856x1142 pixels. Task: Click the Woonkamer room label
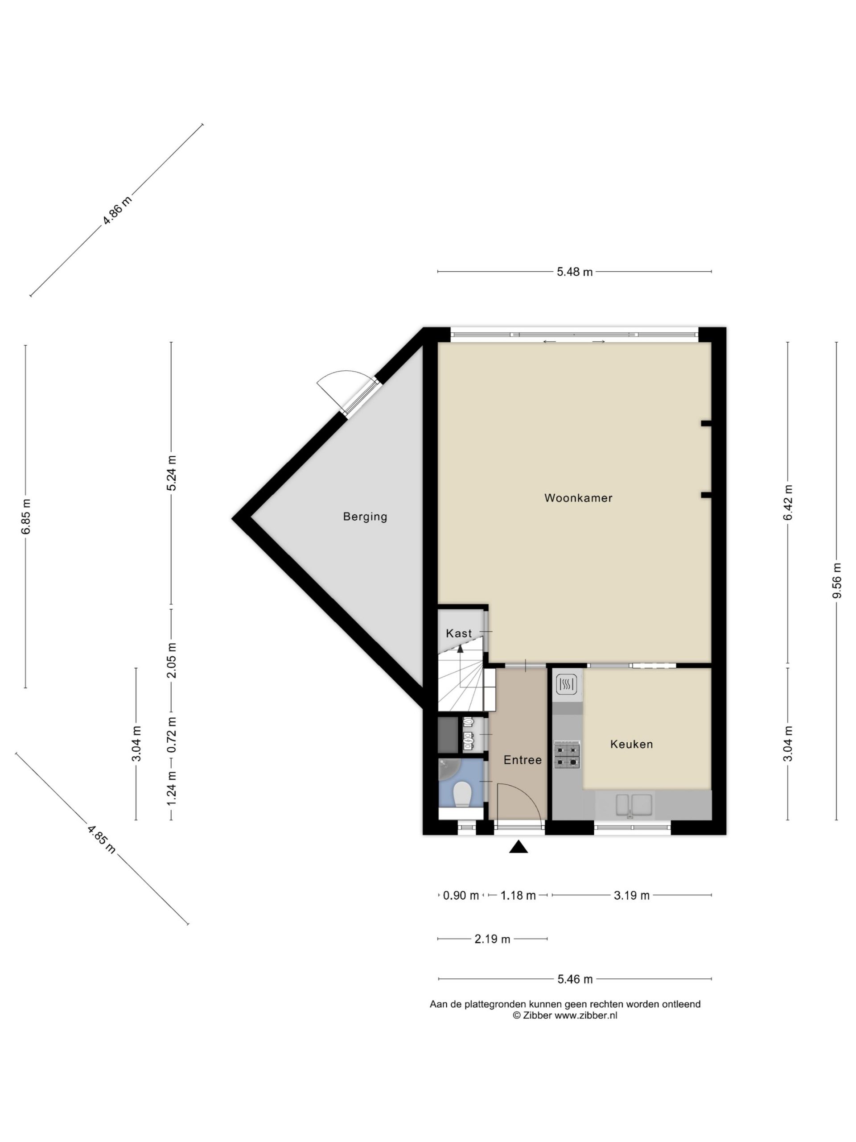[578, 498]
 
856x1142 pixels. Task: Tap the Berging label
[365, 517]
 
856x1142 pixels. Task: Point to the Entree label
[523, 760]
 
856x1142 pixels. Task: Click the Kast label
[459, 633]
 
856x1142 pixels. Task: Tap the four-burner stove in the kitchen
[567, 755]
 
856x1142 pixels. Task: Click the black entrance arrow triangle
[519, 847]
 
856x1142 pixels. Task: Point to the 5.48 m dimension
[574, 272]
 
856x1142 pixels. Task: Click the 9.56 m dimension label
[836, 580]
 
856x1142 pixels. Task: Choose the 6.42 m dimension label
[787, 503]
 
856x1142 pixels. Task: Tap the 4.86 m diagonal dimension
[117, 210]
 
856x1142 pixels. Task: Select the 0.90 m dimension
[461, 895]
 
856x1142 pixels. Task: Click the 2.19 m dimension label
[492, 939]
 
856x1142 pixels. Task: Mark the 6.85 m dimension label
[26, 516]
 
